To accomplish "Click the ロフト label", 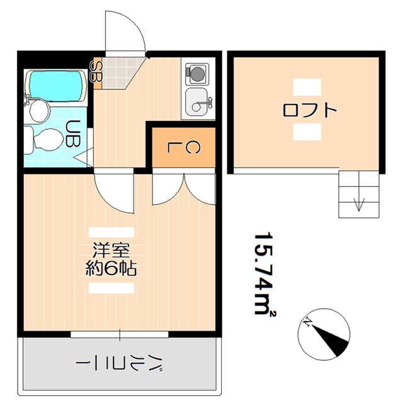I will click(310, 111).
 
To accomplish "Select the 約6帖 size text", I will click(111, 269).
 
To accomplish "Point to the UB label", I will click(73, 133).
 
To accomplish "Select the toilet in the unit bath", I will click(44, 140).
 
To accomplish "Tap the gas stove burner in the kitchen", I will click(198, 74).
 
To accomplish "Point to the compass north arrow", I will click(327, 336).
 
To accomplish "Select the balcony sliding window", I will click(120, 333).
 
